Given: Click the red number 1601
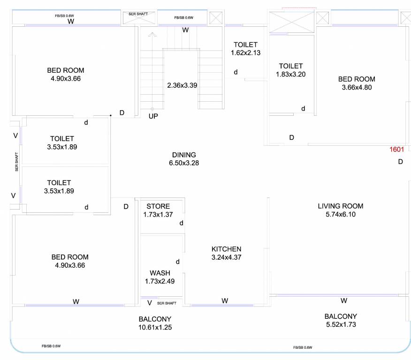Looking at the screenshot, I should pyautogui.click(x=396, y=150).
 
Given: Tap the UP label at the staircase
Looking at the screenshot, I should pyautogui.click(x=153, y=116).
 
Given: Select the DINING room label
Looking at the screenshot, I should pyautogui.click(x=184, y=155).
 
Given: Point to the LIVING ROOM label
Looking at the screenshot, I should pyautogui.click(x=340, y=206).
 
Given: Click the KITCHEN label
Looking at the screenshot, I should pyautogui.click(x=226, y=249).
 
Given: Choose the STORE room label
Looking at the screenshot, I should pyautogui.click(x=158, y=206).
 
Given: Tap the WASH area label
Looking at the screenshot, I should pyautogui.click(x=160, y=273).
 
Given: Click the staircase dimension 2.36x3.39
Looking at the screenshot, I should pyautogui.click(x=182, y=85).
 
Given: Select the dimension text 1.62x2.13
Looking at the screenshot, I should pyautogui.click(x=245, y=53).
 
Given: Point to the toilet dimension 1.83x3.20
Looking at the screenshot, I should pyautogui.click(x=290, y=74).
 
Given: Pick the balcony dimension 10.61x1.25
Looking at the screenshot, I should pyautogui.click(x=155, y=328).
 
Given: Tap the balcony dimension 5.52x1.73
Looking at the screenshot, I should pyautogui.click(x=340, y=324).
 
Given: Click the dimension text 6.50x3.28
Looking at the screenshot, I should pyautogui.click(x=184, y=163).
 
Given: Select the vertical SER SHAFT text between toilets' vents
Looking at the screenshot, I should pyautogui.click(x=16, y=162).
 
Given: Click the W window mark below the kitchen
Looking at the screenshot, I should pyautogui.click(x=225, y=300).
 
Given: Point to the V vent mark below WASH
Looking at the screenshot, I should pyautogui.click(x=150, y=303).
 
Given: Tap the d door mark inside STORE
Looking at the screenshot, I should pyautogui.click(x=181, y=223).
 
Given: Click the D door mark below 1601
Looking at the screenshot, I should pyautogui.click(x=400, y=162).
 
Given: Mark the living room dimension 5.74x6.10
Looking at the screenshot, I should pyautogui.click(x=340, y=214).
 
